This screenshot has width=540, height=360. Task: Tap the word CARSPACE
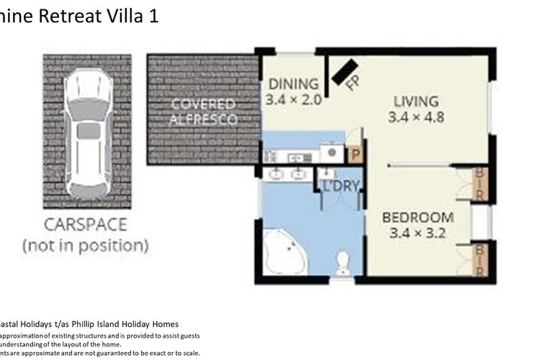tap(86, 224)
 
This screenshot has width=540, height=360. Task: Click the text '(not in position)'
tap(86, 245)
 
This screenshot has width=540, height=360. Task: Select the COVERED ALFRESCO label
tap(203, 112)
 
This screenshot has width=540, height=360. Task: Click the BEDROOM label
tap(418, 217)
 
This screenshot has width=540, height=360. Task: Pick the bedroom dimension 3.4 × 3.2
tap(418, 233)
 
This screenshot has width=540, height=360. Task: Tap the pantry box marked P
tap(355, 154)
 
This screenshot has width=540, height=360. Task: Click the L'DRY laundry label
tap(340, 186)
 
